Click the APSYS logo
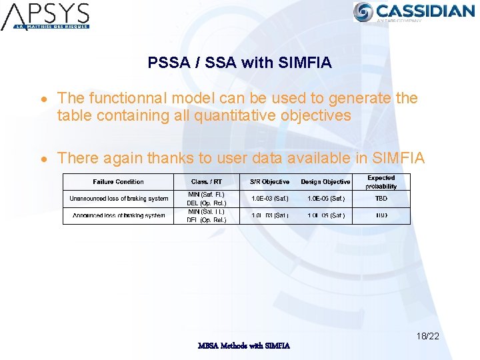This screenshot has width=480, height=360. coord(45,16)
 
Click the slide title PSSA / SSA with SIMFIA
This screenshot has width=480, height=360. coord(239,63)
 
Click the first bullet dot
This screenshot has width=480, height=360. coord(43,99)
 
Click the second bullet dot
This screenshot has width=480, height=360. coord(43,159)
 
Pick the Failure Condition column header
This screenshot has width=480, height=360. coord(118,181)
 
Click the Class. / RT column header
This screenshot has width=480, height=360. coord(207,181)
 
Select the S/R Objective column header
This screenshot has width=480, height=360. coord(269,181)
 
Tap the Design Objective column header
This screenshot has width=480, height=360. coord(325,181)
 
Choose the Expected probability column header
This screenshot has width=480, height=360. coord(381,182)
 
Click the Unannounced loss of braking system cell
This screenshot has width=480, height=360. coord(119,199)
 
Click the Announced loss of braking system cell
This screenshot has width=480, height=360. coord(119,215)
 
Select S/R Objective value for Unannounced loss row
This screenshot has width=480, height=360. coord(269,199)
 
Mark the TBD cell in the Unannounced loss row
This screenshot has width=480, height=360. coord(381,199)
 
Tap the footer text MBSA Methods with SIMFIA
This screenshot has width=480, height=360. coord(244,345)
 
